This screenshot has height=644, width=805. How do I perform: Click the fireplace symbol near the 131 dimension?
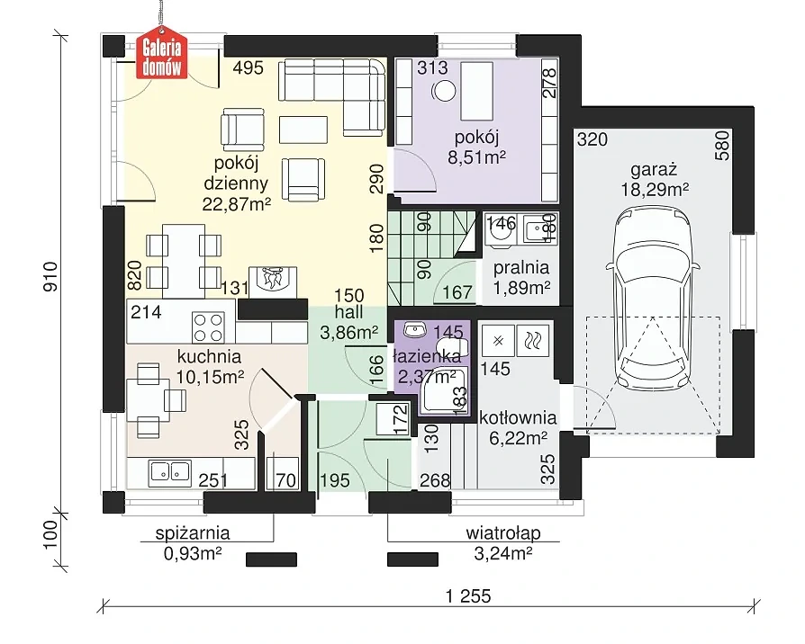(273, 282)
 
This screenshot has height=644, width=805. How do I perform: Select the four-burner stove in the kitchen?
(208, 327)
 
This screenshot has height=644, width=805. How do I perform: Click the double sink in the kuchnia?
(169, 472)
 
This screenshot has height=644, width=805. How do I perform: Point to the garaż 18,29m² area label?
(655, 180)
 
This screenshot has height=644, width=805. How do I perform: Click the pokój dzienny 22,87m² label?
(236, 183)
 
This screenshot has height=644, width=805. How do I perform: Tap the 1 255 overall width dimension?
(468, 595)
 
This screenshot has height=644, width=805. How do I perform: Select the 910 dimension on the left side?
(50, 277)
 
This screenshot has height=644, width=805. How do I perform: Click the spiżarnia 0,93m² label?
(193, 543)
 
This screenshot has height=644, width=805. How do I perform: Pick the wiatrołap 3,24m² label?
(503, 543)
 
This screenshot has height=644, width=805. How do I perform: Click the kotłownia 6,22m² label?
(518, 427)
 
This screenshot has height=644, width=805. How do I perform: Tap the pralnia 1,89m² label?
(521, 277)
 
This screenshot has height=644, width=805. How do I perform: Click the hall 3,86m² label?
(349, 322)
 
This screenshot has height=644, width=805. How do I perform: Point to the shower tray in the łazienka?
(445, 390)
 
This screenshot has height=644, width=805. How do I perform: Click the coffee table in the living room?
(303, 130)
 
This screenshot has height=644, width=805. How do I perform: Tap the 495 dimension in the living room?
(248, 67)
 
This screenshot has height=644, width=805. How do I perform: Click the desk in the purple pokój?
(477, 91)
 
